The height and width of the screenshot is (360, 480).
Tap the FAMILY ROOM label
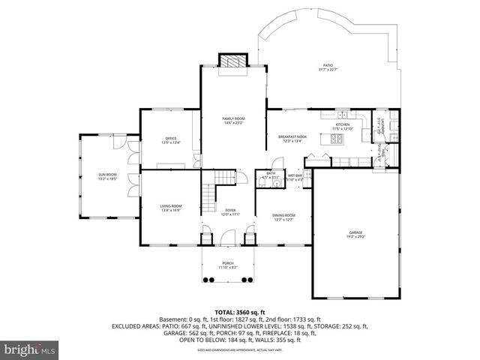(233, 119)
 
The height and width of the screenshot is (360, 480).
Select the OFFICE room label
(170, 139)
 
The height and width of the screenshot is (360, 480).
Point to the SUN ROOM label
(107, 175)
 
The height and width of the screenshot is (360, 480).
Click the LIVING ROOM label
(170, 206)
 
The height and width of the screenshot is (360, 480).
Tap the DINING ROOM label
(283, 215)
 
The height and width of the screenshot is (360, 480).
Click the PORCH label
(227, 262)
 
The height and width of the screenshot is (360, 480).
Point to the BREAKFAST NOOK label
(289, 136)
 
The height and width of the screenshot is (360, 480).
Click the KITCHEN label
(343, 124)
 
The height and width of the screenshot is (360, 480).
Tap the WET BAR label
(293, 175)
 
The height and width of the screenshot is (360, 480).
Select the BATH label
(271, 174)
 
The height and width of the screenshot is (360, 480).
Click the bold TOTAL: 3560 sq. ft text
(239, 311)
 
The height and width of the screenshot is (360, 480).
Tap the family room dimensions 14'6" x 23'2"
(233, 124)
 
